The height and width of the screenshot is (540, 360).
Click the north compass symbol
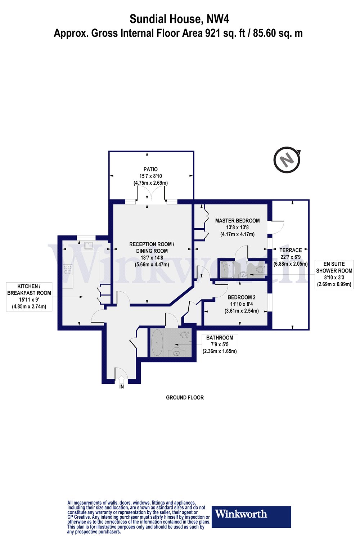pyautogui.click(x=287, y=159)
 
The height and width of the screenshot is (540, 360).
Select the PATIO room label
pyautogui.click(x=150, y=169)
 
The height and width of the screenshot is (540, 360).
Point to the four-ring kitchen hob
pyautogui.click(x=68, y=269)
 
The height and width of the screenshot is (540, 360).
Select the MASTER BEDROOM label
pyautogui.click(x=237, y=221)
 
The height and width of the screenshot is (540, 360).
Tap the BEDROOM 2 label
pyautogui.click(x=242, y=297)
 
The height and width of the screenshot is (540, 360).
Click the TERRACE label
pyautogui.click(x=291, y=250)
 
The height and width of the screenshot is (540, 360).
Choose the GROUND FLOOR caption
pyautogui.click(x=185, y=397)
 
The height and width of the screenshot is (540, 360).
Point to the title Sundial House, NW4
pyautogui.click(x=179, y=18)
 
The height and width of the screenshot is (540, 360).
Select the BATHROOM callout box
pyautogui.click(x=220, y=345)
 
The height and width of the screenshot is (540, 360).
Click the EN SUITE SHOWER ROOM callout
pyautogui.click(x=334, y=274)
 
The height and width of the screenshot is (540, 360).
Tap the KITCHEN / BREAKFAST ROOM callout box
pyautogui.click(x=29, y=296)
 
